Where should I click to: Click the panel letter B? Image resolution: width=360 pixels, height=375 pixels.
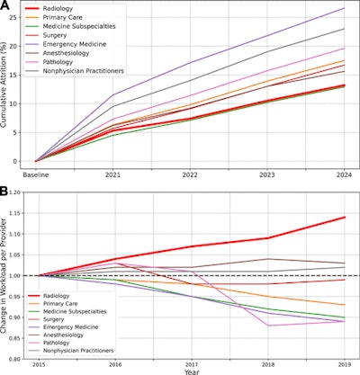(6, 192)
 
